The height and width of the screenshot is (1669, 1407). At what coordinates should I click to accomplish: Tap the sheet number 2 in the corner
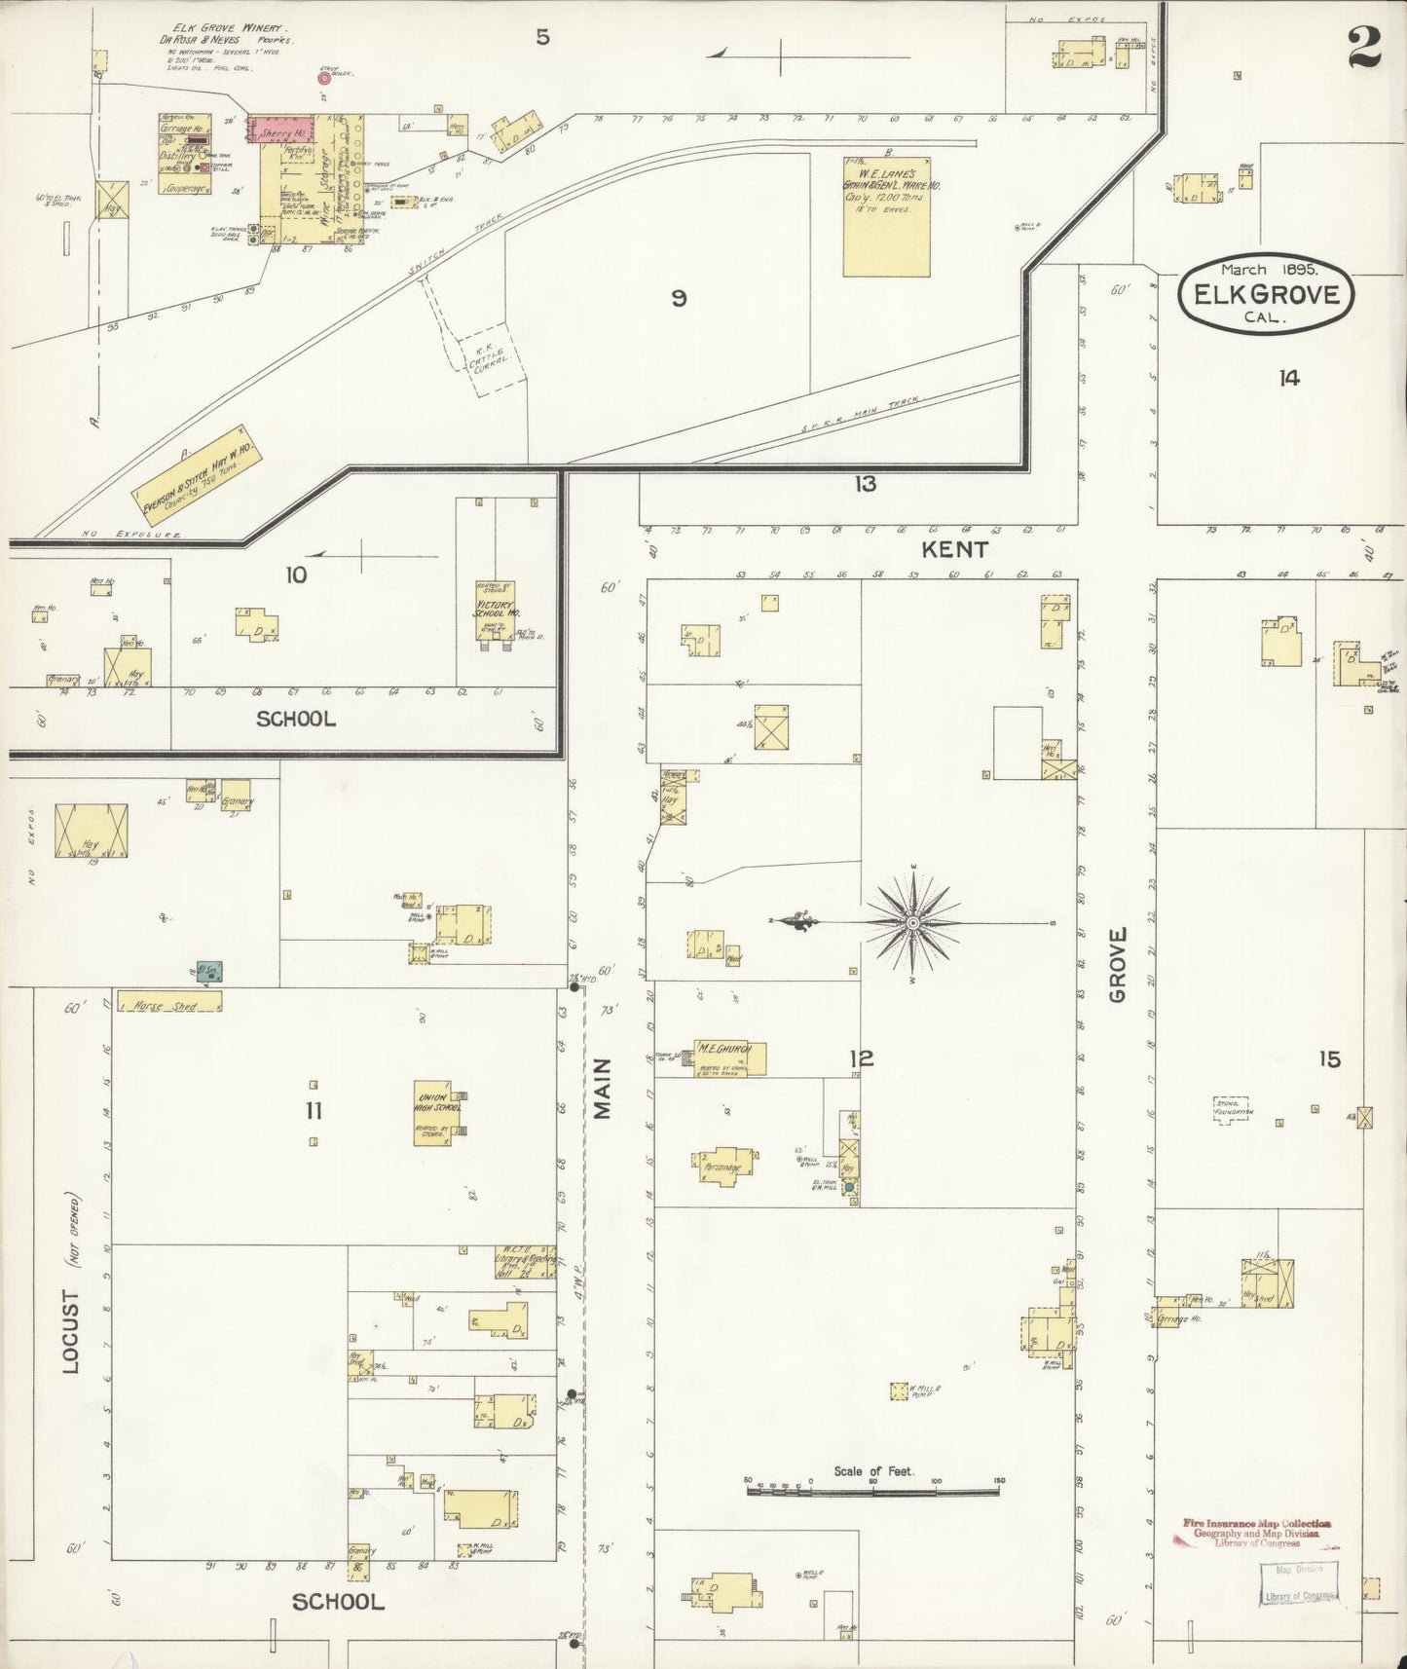point(1364,46)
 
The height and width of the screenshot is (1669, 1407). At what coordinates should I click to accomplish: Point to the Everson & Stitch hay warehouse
point(199,474)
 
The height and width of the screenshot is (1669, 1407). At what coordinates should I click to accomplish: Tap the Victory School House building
point(495,610)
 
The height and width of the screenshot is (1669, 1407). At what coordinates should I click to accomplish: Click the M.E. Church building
point(729,1058)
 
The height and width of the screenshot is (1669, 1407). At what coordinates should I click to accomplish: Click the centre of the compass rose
point(913,922)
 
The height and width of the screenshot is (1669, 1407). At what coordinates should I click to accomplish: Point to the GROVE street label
point(1116,964)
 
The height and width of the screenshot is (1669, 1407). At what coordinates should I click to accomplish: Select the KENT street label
point(954,549)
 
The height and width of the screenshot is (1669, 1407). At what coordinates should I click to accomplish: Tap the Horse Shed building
point(169,1001)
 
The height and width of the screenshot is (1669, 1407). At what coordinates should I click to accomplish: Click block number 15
point(1329,1059)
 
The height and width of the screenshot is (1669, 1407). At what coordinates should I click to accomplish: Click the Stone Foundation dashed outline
point(1234,1109)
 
